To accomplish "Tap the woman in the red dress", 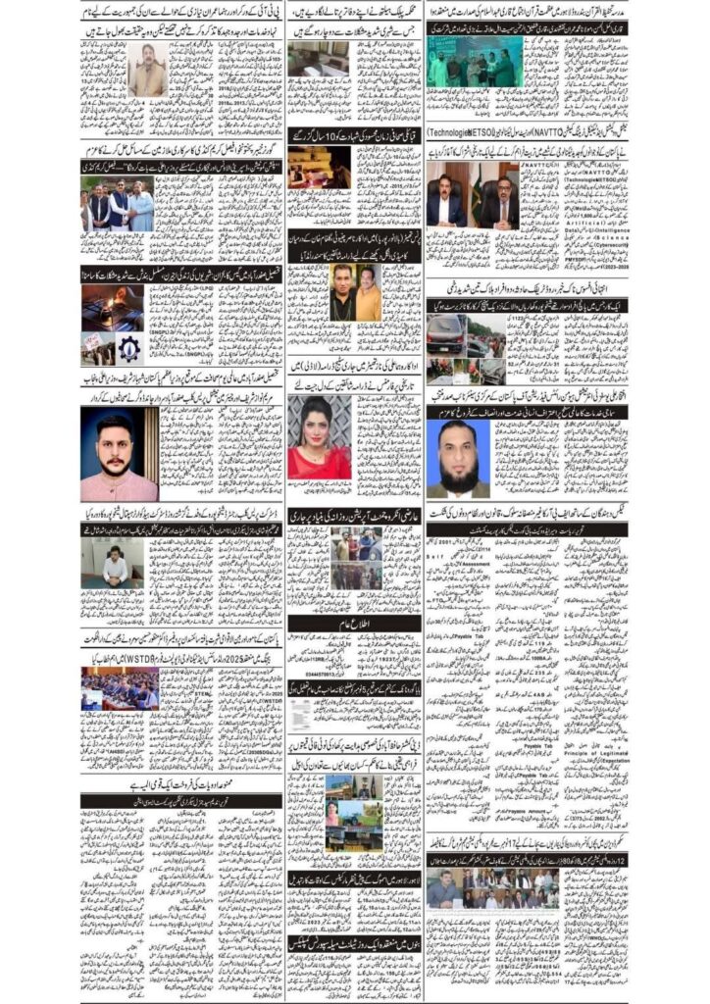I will [319, 437].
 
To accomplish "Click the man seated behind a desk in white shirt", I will [116, 566].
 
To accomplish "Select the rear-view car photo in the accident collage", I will [446, 330].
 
